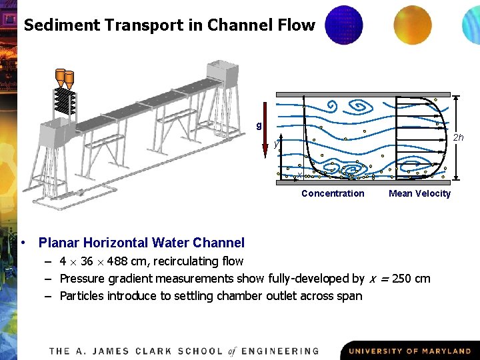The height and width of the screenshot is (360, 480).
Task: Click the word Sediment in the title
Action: [55, 25]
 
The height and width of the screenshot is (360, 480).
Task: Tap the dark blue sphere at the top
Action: [343, 25]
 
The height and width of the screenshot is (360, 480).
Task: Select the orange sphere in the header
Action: [412, 24]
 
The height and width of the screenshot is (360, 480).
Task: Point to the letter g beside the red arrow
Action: [259, 125]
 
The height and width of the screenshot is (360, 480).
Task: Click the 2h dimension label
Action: [459, 137]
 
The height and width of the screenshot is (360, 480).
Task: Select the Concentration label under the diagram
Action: [333, 193]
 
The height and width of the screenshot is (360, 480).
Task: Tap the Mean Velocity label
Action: [419, 193]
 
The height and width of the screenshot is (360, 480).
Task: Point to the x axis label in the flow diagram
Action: [300, 175]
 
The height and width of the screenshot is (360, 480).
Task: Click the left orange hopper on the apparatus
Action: [60, 77]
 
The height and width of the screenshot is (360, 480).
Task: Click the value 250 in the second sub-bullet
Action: [400, 279]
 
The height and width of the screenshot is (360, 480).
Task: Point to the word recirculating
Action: [187, 261]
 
